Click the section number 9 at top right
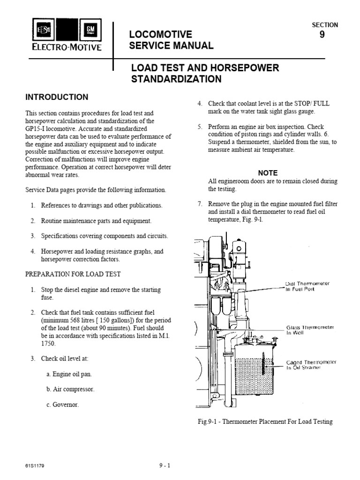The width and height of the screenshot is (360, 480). [x=322, y=34]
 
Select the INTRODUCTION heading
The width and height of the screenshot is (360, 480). [x=56, y=97]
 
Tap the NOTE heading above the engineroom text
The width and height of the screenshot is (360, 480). [x=268, y=172]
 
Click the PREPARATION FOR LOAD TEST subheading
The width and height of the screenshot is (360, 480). [x=73, y=274]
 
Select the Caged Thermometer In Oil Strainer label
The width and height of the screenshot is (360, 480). [x=311, y=365]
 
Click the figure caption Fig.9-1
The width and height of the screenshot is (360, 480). [x=265, y=421]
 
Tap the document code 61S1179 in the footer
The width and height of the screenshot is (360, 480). [x=35, y=466]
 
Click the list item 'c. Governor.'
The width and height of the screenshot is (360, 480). [x=62, y=405]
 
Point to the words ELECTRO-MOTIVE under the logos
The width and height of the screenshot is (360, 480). [x=66, y=47]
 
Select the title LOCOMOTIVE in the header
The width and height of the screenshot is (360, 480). [x=160, y=34]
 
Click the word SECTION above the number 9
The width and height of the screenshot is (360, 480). [x=324, y=25]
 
